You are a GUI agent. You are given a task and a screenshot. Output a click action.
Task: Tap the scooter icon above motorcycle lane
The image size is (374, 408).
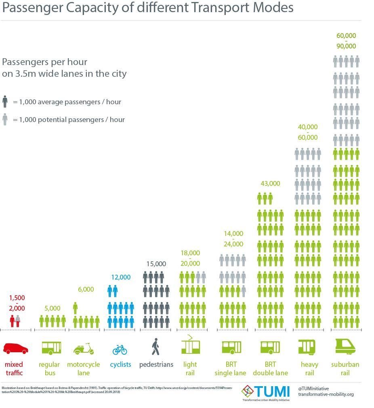(84, 348)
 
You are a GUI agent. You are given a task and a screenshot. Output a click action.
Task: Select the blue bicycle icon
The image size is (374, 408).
(120, 349)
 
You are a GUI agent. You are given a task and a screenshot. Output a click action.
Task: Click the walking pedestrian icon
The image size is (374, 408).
(155, 347)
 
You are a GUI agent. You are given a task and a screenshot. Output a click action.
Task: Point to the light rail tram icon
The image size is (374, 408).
(190, 345)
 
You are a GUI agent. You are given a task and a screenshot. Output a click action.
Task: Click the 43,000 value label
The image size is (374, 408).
(270, 183)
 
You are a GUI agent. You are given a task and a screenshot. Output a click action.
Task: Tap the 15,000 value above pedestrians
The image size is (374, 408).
(156, 264)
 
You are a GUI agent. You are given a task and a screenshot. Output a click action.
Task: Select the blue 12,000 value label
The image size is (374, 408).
(121, 277)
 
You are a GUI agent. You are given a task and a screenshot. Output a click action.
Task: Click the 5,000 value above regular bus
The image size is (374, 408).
(52, 308)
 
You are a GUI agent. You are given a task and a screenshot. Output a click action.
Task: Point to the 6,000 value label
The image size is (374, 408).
(85, 289)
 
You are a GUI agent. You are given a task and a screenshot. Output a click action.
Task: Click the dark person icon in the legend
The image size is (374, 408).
(5, 102)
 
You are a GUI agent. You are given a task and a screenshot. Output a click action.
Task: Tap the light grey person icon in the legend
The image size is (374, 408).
(5, 120)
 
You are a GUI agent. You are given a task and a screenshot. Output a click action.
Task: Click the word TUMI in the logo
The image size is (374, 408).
(272, 391)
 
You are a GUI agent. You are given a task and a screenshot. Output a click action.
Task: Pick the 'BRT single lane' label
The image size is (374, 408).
(230, 368)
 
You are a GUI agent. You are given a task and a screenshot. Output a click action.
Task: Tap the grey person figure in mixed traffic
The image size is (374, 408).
(18, 322)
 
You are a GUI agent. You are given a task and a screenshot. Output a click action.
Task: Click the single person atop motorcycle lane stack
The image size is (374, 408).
(75, 308)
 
